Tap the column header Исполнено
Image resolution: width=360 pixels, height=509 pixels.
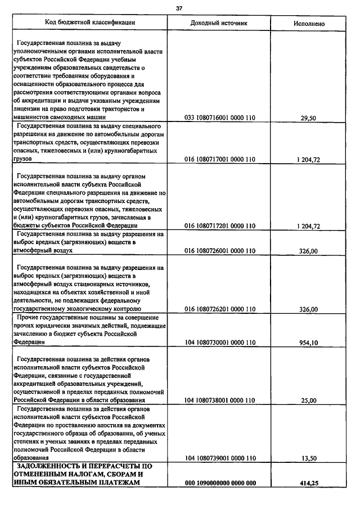pos(309,24)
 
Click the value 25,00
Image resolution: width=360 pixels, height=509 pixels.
pos(309,400)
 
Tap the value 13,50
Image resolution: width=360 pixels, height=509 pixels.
pos(309,459)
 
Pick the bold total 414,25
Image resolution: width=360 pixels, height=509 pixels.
pos(309,483)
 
